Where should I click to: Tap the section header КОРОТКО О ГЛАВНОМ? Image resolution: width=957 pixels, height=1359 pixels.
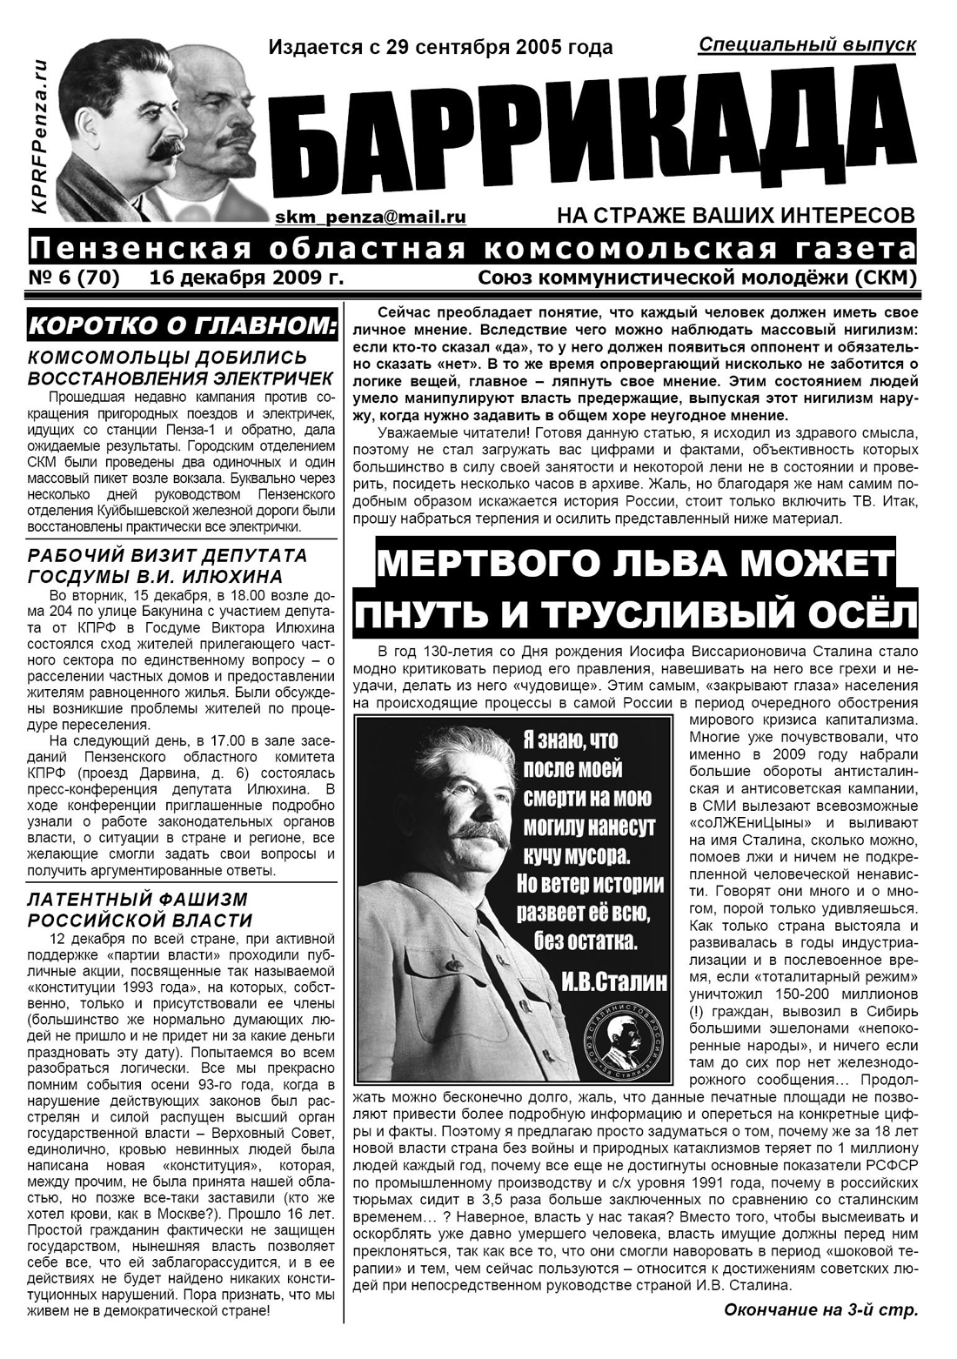[181, 327]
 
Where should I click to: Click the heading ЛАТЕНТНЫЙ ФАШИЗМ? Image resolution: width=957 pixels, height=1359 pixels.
[137, 899]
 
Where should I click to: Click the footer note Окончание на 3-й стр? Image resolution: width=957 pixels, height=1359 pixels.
[820, 1309]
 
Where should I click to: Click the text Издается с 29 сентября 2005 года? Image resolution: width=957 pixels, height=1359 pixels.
[440, 47]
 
